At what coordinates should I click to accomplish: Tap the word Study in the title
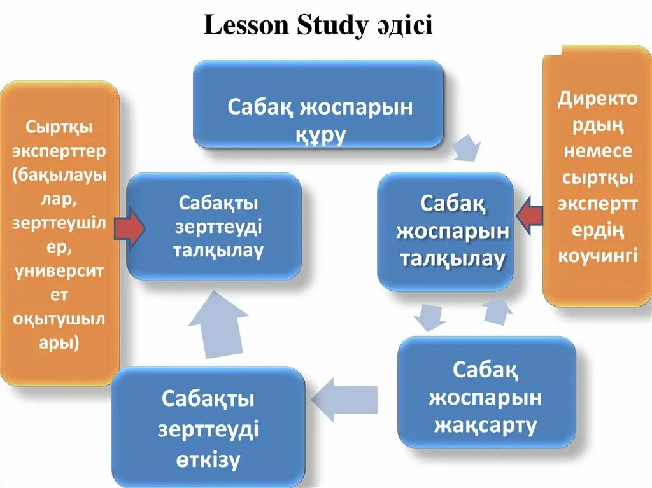tap(332, 26)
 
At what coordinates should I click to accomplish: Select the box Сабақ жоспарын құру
tap(318, 104)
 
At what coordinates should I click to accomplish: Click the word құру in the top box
tap(320, 134)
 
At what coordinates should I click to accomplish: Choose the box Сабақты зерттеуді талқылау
tap(213, 226)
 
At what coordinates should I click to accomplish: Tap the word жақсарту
tap(485, 425)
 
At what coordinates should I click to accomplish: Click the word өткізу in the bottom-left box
tap(208, 459)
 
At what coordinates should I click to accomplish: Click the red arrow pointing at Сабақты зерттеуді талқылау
tap(131, 230)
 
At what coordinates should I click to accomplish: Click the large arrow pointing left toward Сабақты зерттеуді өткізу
tap(344, 398)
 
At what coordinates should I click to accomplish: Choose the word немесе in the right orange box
tap(597, 151)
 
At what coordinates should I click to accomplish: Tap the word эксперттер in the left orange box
tap(62, 151)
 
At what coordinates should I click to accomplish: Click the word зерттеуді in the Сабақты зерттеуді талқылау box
tap(218, 227)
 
